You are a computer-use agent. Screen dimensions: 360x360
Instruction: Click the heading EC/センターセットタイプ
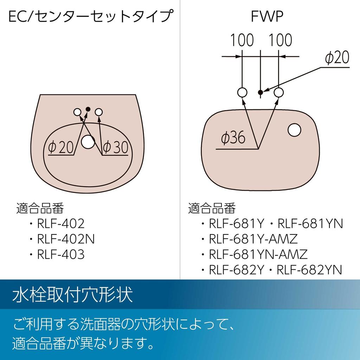coord(90,16)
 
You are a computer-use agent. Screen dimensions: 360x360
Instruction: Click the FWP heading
coord(267,16)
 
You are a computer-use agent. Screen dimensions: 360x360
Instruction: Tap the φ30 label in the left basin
coord(116,147)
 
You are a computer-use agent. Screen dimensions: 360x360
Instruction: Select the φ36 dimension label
coord(233,138)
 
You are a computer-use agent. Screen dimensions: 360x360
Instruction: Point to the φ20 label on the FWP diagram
coord(337,57)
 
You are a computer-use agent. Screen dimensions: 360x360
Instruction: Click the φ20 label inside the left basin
coord(61,147)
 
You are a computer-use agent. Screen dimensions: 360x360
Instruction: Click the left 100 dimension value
coord(242,40)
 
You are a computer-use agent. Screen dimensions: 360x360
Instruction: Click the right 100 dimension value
coord(280,40)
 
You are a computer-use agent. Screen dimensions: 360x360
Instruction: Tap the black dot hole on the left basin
coord(88,109)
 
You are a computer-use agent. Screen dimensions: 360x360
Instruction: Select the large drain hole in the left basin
coord(88,142)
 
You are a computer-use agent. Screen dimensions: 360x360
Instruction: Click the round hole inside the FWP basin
coord(294,130)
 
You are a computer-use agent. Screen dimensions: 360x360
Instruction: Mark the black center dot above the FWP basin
coord(261,92)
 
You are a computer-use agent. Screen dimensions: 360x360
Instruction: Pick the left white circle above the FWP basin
coord(242,92)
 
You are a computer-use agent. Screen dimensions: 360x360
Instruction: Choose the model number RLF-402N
coord(66,239)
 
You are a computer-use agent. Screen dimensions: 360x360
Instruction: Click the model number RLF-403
coord(60,255)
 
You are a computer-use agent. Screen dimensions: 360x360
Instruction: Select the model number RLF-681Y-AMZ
coord(253,239)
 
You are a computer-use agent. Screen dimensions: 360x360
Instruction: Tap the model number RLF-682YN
coord(309,270)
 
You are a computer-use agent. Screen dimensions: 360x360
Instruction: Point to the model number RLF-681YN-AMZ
coord(258,255)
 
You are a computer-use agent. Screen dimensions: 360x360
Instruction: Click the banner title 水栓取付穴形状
coord(72,294)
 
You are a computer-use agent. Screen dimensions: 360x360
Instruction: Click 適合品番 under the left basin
coord(40,208)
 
